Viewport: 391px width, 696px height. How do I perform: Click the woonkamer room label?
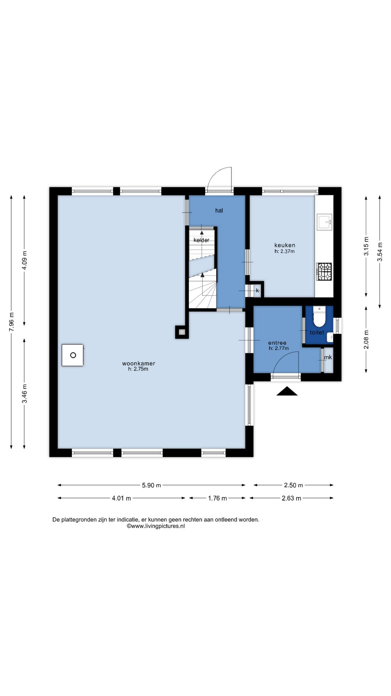pyautogui.click(x=139, y=364)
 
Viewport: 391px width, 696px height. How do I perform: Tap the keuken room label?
pyautogui.click(x=285, y=245)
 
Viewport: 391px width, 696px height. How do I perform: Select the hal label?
pyautogui.click(x=219, y=211)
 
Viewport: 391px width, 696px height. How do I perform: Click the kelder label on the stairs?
pyautogui.click(x=201, y=240)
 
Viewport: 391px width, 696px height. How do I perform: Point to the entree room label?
pyautogui.click(x=277, y=343)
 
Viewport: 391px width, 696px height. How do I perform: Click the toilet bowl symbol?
pyautogui.click(x=319, y=316)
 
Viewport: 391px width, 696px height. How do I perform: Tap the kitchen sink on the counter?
pyautogui.click(x=324, y=222)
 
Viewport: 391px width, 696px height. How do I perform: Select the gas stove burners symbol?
pyautogui.click(x=324, y=272)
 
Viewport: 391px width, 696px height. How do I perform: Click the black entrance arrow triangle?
pyautogui.click(x=287, y=391)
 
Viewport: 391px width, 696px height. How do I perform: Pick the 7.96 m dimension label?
pyautogui.click(x=12, y=322)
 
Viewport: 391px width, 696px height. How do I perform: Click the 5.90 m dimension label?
pyautogui.click(x=151, y=485)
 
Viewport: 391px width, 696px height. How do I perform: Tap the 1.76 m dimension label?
pyautogui.click(x=217, y=498)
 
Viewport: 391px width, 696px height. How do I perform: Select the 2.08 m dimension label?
pyautogui.click(x=366, y=340)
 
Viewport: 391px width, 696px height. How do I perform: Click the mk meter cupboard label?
pyautogui.click(x=328, y=357)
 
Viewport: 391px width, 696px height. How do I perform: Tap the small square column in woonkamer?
pyautogui.click(x=182, y=332)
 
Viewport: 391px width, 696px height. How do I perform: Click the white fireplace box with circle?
pyautogui.click(x=72, y=355)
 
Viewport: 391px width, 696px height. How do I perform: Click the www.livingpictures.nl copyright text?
pyautogui.click(x=156, y=526)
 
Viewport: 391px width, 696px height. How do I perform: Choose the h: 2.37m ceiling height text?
pyautogui.click(x=285, y=251)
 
